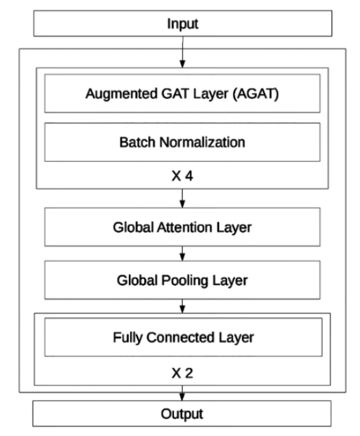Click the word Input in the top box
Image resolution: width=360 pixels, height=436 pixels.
[x=183, y=24]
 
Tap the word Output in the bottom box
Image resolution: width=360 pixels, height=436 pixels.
[x=182, y=414]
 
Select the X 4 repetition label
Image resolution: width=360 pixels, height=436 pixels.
[x=182, y=175]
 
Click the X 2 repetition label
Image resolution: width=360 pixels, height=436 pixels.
[x=182, y=373]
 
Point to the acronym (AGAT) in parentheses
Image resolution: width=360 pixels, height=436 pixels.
[x=256, y=94]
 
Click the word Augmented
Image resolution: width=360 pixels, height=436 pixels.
[x=122, y=94]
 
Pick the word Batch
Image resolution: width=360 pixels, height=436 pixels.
[x=137, y=142]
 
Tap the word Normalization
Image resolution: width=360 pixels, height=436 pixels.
[x=202, y=142]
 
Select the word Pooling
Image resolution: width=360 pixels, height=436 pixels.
[x=185, y=280]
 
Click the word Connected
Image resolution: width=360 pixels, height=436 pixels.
[x=181, y=337]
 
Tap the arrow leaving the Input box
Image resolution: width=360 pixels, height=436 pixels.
[x=183, y=52]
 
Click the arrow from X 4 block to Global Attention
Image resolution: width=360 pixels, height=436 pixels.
[x=182, y=198]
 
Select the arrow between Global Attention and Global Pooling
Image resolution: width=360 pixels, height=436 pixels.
[x=182, y=253]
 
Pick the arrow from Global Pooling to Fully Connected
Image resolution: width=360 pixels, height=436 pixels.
[x=182, y=306]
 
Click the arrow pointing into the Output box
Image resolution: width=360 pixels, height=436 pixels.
[x=182, y=393]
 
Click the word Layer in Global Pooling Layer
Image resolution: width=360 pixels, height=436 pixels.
[x=230, y=280]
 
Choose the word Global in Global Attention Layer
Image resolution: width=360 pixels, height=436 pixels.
[x=134, y=227]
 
